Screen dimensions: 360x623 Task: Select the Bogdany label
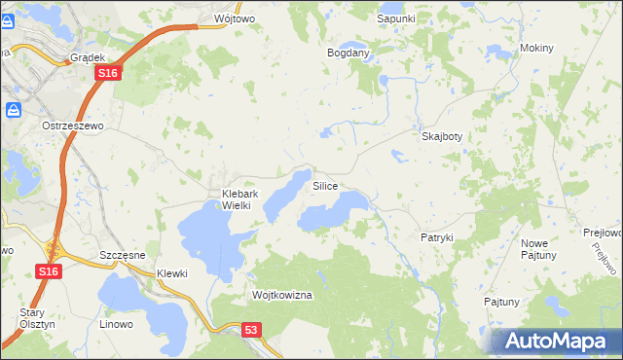(x=348, y=53)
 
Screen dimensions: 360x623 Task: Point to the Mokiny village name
(x=536, y=48)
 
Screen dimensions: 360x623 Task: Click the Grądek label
(x=88, y=57)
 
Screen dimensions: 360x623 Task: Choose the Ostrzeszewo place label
(x=72, y=126)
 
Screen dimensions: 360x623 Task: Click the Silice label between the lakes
(x=325, y=185)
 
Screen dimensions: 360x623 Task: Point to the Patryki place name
(x=437, y=237)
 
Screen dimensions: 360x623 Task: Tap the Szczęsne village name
(x=123, y=255)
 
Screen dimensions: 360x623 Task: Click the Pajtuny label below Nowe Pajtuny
(x=501, y=302)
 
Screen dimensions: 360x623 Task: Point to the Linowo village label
(x=116, y=321)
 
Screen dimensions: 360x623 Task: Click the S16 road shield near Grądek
(x=108, y=74)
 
